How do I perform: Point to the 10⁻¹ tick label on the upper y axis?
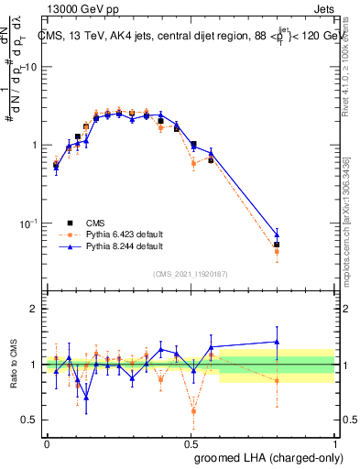point(28,223)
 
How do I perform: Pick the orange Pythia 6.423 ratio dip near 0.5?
point(193,410)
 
